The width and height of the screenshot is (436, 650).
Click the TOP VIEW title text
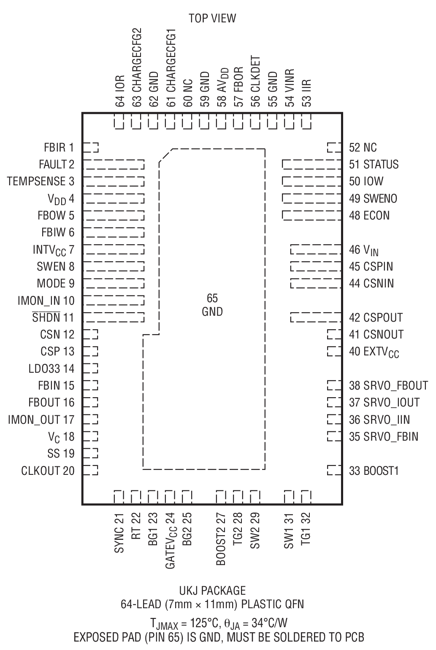[x=212, y=18]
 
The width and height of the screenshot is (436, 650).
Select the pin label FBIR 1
[x=59, y=147]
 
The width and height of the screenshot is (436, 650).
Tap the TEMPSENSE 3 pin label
[x=41, y=181]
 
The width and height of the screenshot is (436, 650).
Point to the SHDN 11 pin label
[x=53, y=317]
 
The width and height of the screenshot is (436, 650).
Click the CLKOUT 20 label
[x=48, y=471]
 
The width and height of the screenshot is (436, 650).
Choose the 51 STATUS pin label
[x=374, y=164]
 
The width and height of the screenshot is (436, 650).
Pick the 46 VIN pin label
[x=363, y=250]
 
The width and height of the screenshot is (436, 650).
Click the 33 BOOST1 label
[x=374, y=471]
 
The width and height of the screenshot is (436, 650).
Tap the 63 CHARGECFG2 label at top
[x=137, y=68]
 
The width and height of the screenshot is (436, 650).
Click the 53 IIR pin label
[x=307, y=92]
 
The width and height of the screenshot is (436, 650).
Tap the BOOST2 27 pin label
[x=221, y=539]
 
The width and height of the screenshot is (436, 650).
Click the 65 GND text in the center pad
[x=212, y=305]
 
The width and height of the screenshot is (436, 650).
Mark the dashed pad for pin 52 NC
[x=334, y=147]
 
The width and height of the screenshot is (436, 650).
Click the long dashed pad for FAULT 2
[x=114, y=164]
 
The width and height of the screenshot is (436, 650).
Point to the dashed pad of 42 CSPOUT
[x=315, y=317]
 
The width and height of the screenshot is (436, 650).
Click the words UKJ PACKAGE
[x=212, y=590]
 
